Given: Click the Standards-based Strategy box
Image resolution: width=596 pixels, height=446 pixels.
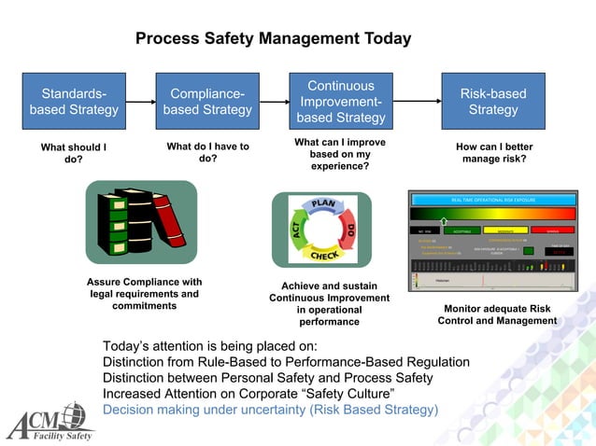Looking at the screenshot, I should pos(74,102).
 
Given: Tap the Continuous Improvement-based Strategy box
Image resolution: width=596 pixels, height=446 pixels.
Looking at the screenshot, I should pos(341,102).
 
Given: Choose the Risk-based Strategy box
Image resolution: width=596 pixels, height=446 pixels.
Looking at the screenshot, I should pos(492,102).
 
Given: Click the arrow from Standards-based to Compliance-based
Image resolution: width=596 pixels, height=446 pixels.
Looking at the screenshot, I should pos(140,102).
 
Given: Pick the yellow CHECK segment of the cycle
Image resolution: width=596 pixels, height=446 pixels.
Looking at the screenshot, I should pos(323,255).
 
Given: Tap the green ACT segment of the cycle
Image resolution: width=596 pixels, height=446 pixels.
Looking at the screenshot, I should pos(294,230).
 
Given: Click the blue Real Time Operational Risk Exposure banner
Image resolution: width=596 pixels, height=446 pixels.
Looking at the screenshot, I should pos(493,200).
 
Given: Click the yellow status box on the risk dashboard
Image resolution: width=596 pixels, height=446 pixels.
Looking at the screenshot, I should pos(505,230).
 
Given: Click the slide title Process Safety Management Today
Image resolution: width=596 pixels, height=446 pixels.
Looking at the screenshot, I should pos(273,39).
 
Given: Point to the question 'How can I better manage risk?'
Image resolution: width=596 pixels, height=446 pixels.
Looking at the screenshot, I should pos(493,153).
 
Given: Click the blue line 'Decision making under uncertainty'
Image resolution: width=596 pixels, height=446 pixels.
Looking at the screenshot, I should pos(270,410).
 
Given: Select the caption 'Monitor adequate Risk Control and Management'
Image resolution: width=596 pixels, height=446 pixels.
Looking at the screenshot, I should pos(496,314).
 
